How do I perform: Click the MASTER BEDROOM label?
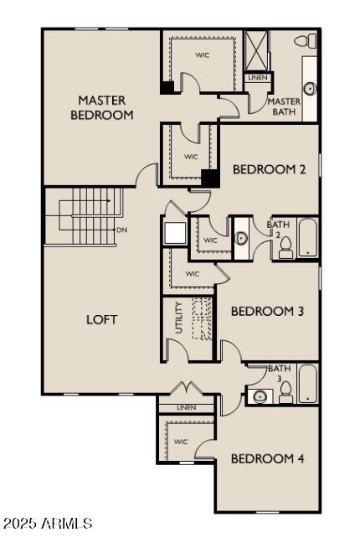coord(102,107)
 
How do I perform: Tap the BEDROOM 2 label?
coord(269,169)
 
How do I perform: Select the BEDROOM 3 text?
coord(267,311)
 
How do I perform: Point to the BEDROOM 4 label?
coord(267,458)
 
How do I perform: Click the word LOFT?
coord(101,319)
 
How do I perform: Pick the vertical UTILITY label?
coord(178,318)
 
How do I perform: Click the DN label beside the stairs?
coord(121,230)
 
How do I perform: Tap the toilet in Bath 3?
coord(285,391)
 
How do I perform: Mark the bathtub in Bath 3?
coord(307,384)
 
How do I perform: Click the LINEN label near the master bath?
coord(257,78)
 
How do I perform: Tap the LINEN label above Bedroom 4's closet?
coord(186,407)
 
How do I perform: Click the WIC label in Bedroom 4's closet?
coord(181,441)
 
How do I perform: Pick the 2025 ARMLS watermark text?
coord(48,524)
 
